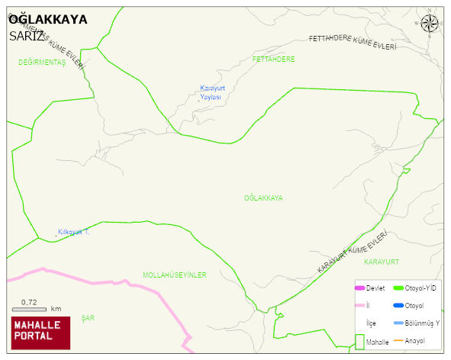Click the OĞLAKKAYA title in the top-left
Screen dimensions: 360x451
click(x=47, y=19)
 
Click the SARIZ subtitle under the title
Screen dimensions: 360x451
click(x=27, y=36)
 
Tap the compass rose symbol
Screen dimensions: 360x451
click(x=430, y=24)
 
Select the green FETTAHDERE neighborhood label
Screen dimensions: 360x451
click(x=273, y=59)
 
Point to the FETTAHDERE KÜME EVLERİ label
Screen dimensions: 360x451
click(x=353, y=42)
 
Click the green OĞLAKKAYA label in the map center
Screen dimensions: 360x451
click(x=263, y=198)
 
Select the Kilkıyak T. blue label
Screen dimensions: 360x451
click(x=73, y=232)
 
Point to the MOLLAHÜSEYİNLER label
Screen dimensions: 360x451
click(x=175, y=275)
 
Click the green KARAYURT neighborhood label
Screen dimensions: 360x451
click(x=382, y=262)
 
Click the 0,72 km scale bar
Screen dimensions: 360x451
click(x=31, y=309)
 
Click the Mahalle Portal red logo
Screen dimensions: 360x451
click(x=40, y=333)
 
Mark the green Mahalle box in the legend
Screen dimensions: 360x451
click(x=359, y=342)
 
